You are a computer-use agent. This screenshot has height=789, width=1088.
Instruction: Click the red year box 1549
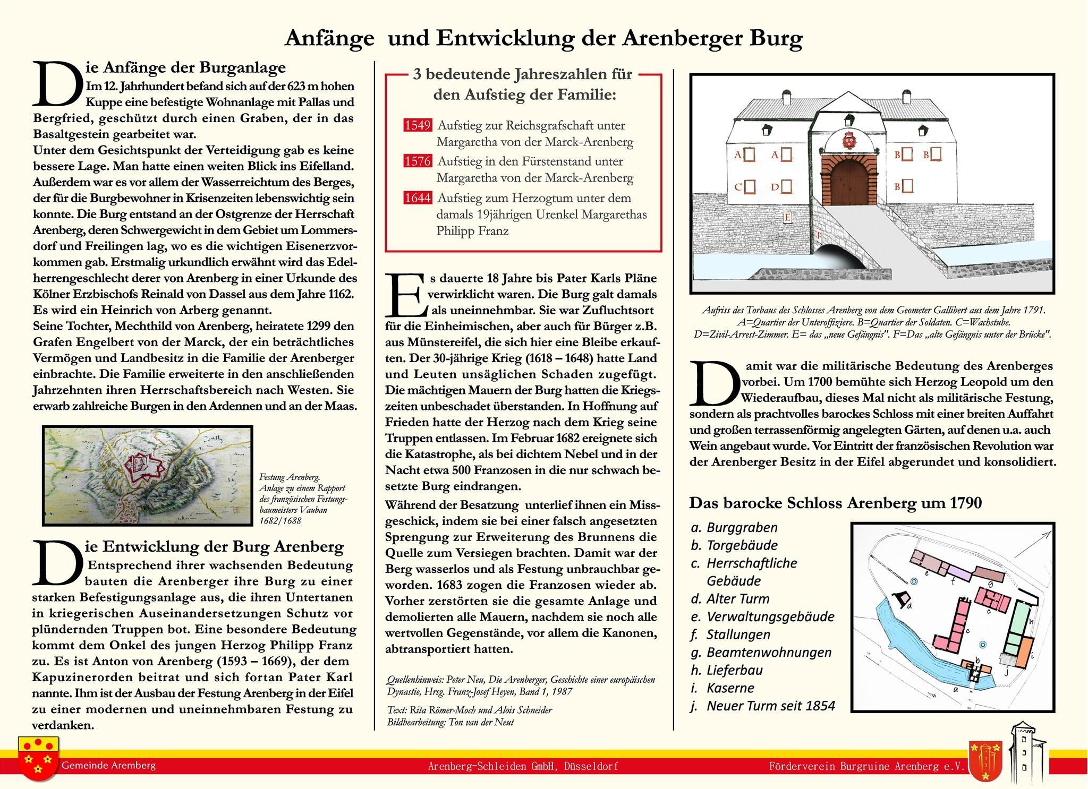(x=417, y=125)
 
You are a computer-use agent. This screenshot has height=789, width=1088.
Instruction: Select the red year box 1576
(x=417, y=161)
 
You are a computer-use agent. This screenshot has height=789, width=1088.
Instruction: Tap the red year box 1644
(x=417, y=198)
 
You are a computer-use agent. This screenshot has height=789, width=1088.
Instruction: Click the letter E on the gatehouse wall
(x=787, y=218)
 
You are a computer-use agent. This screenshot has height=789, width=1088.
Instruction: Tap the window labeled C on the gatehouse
(x=750, y=187)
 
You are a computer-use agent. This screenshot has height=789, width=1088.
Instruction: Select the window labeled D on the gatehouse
(x=786, y=186)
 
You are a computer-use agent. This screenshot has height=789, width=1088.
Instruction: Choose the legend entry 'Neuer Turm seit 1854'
(x=770, y=706)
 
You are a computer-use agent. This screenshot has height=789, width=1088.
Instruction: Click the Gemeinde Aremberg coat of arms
(x=38, y=758)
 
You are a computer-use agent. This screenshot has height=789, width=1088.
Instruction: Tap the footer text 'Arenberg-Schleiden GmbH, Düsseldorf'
(x=523, y=766)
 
